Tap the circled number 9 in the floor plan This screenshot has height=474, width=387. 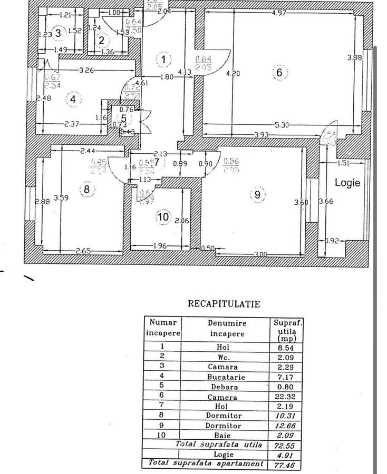[257, 194]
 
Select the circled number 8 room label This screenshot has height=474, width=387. [87, 190]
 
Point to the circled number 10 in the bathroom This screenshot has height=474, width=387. [163, 216]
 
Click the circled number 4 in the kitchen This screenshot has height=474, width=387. [73, 98]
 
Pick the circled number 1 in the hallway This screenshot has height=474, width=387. [165, 60]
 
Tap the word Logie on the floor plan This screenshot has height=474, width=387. [347, 183]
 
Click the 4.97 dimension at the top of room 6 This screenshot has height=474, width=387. [279, 13]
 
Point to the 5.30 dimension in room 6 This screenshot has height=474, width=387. [283, 125]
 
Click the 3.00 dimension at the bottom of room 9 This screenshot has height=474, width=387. [260, 254]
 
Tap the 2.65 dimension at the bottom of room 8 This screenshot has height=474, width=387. [83, 251]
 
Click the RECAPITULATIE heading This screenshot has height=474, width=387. [224, 304]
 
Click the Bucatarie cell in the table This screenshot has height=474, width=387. [227, 377]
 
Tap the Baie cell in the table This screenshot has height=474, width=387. [227, 436]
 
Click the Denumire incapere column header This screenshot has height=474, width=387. [227, 328]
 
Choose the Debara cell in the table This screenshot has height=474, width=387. [227, 387]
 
